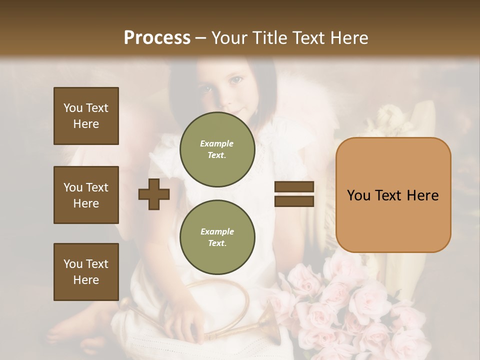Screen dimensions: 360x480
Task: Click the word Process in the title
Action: (x=157, y=38)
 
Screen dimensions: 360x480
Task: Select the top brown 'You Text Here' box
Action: (x=86, y=116)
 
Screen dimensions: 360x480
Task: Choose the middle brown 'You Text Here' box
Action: (x=86, y=195)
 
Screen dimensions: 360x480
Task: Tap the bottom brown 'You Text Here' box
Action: (x=86, y=271)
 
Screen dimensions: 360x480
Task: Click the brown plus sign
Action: (x=154, y=194)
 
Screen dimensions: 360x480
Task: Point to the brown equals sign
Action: (x=294, y=194)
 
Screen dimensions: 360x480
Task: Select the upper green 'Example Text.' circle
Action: (x=217, y=149)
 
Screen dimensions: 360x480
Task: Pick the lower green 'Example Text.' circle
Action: (x=217, y=237)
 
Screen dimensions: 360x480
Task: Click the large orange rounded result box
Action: (x=393, y=195)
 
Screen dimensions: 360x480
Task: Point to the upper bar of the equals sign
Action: (x=294, y=187)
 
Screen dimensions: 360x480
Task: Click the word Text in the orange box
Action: (x=393, y=195)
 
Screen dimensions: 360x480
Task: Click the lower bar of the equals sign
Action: (x=294, y=201)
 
